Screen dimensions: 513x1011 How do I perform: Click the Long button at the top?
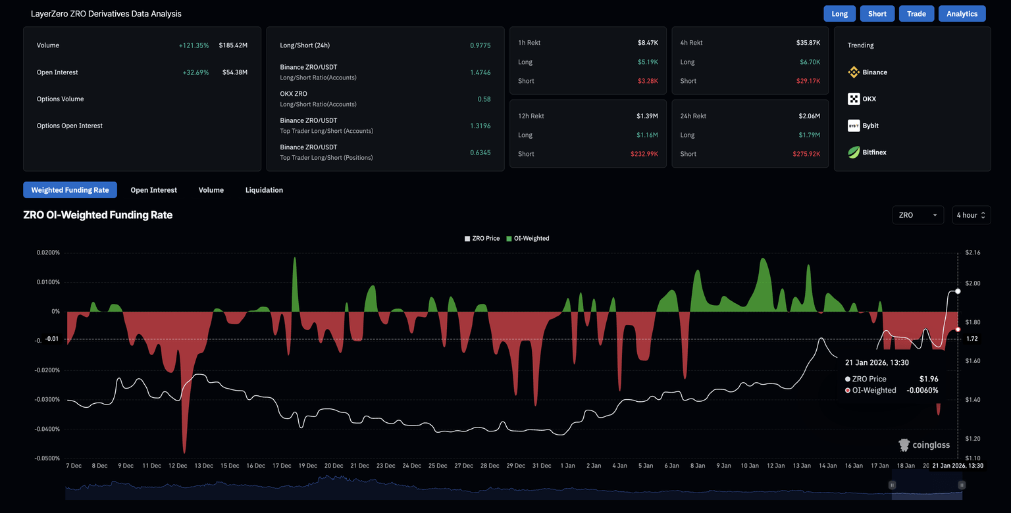(839, 14)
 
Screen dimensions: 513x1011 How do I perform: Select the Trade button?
(916, 14)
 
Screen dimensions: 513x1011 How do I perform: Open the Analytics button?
(962, 14)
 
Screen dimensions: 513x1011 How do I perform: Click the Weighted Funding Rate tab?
(70, 190)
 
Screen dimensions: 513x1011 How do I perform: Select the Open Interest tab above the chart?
(153, 190)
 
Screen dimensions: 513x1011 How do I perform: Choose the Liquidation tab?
(264, 190)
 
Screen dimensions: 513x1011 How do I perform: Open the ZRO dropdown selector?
(918, 215)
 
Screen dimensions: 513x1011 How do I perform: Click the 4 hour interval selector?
(971, 215)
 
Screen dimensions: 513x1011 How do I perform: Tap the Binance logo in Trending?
(854, 72)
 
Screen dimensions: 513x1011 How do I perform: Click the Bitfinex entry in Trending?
(867, 153)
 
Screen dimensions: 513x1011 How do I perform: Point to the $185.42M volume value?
(233, 45)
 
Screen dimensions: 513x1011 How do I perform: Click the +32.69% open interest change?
(195, 72)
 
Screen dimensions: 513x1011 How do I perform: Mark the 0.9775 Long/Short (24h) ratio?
(480, 45)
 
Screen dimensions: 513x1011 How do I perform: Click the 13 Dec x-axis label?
(203, 466)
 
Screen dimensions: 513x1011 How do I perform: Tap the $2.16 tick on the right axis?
(972, 253)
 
